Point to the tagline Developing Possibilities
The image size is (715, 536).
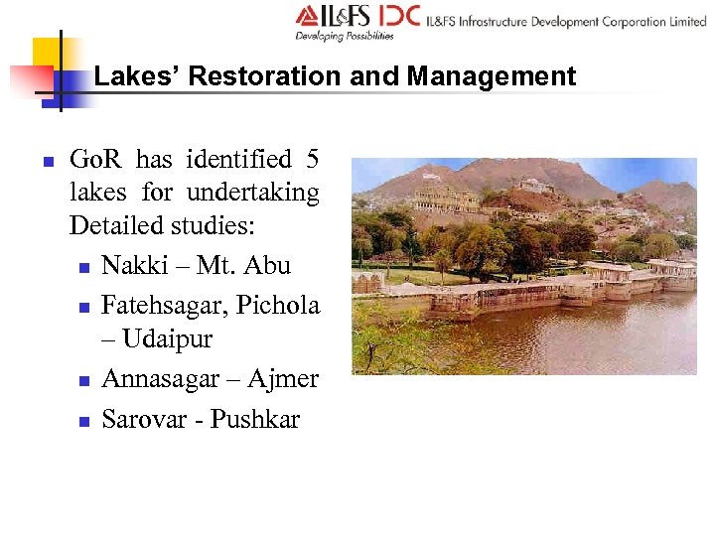point(344,36)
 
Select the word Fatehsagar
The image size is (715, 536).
point(165,305)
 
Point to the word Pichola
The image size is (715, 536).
point(278,305)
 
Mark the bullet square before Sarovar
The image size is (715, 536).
point(84,421)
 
